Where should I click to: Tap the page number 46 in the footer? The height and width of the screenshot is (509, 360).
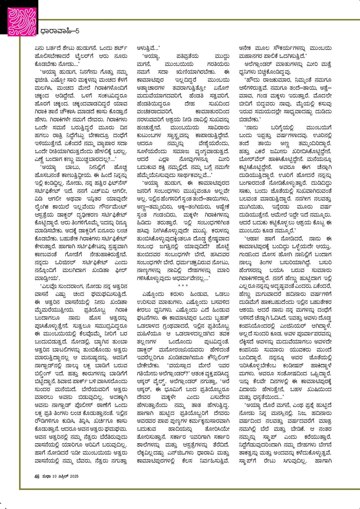coord(37,476)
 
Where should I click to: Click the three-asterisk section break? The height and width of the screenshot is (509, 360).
coord(183,286)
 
